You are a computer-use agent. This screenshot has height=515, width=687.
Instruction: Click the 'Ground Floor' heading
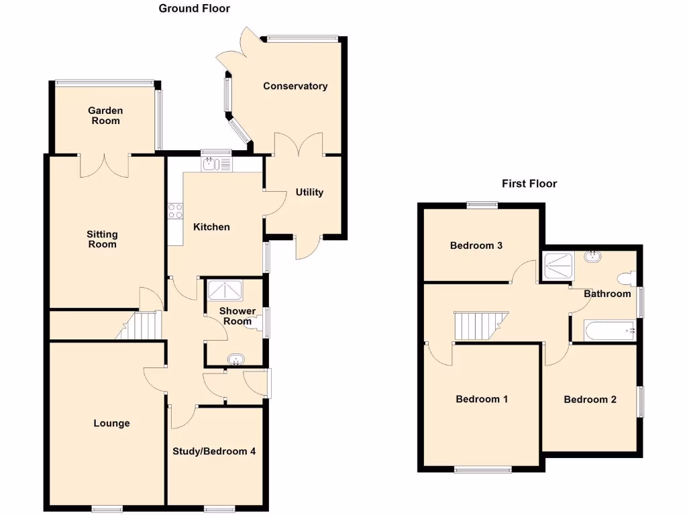[x=194, y=9]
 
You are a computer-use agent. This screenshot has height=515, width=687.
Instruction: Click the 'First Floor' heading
[x=529, y=183]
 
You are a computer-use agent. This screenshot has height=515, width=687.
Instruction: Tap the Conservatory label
[x=295, y=86]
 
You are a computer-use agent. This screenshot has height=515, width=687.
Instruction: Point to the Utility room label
[x=309, y=192]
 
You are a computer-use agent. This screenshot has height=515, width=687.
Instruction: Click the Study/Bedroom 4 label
[x=214, y=451]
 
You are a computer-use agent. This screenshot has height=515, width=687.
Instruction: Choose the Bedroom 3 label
[x=476, y=245]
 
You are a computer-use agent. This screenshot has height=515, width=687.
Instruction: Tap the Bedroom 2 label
[x=590, y=400]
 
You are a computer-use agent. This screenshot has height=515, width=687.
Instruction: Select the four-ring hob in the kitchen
[x=176, y=211]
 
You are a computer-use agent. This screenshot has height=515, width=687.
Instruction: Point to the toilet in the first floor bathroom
[x=626, y=278]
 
